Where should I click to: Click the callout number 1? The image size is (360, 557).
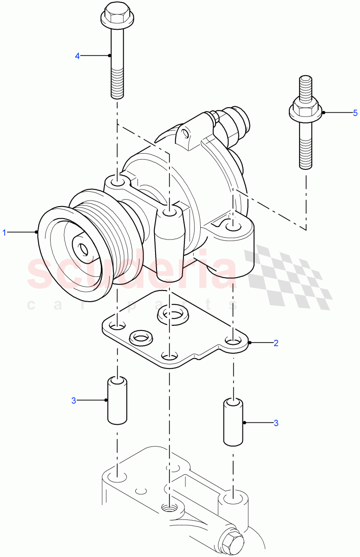5,232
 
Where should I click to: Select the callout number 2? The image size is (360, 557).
276,343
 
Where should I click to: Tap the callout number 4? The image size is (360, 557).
78,56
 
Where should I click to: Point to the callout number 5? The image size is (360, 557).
355,113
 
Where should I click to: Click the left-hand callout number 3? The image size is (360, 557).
73,400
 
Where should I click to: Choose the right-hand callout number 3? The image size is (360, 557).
276,423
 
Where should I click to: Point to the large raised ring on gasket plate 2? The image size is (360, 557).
173,315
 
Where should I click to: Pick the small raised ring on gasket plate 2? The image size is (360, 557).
142,337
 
